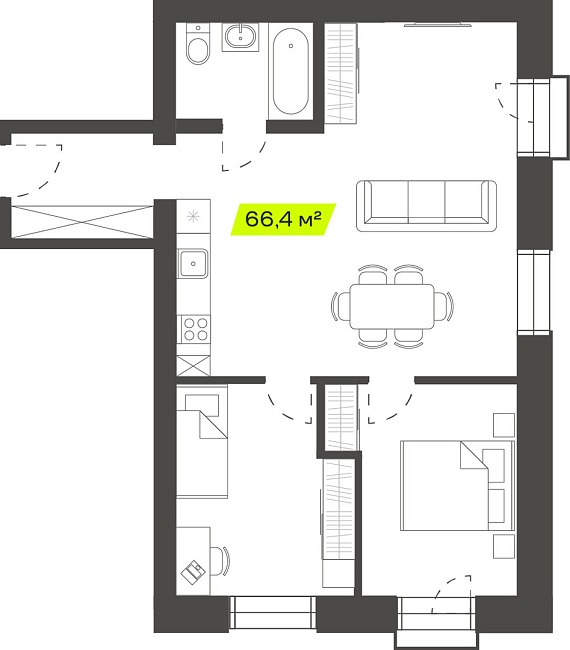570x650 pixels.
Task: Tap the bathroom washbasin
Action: pos(240,36)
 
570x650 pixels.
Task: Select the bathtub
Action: pos(291,71)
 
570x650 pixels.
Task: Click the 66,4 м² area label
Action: pos(283,219)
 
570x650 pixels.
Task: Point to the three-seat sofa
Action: pos(426,206)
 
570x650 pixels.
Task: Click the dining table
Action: pos(392,306)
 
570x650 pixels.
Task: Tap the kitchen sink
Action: pos(193,263)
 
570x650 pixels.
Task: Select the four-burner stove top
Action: pos(194,329)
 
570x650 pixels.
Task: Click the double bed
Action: pos(457,485)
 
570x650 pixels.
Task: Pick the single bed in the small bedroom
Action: pos(202,441)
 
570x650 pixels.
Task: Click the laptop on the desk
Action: pos(193,572)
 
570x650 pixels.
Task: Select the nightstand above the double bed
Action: pos(504,425)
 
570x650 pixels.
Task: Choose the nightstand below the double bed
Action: pos(504,546)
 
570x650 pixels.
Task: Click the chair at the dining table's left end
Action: pos(340,306)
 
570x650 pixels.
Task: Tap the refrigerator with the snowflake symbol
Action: pos(193,216)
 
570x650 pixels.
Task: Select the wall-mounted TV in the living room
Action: pos(438,25)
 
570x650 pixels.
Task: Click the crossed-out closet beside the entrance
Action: pos(82,222)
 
